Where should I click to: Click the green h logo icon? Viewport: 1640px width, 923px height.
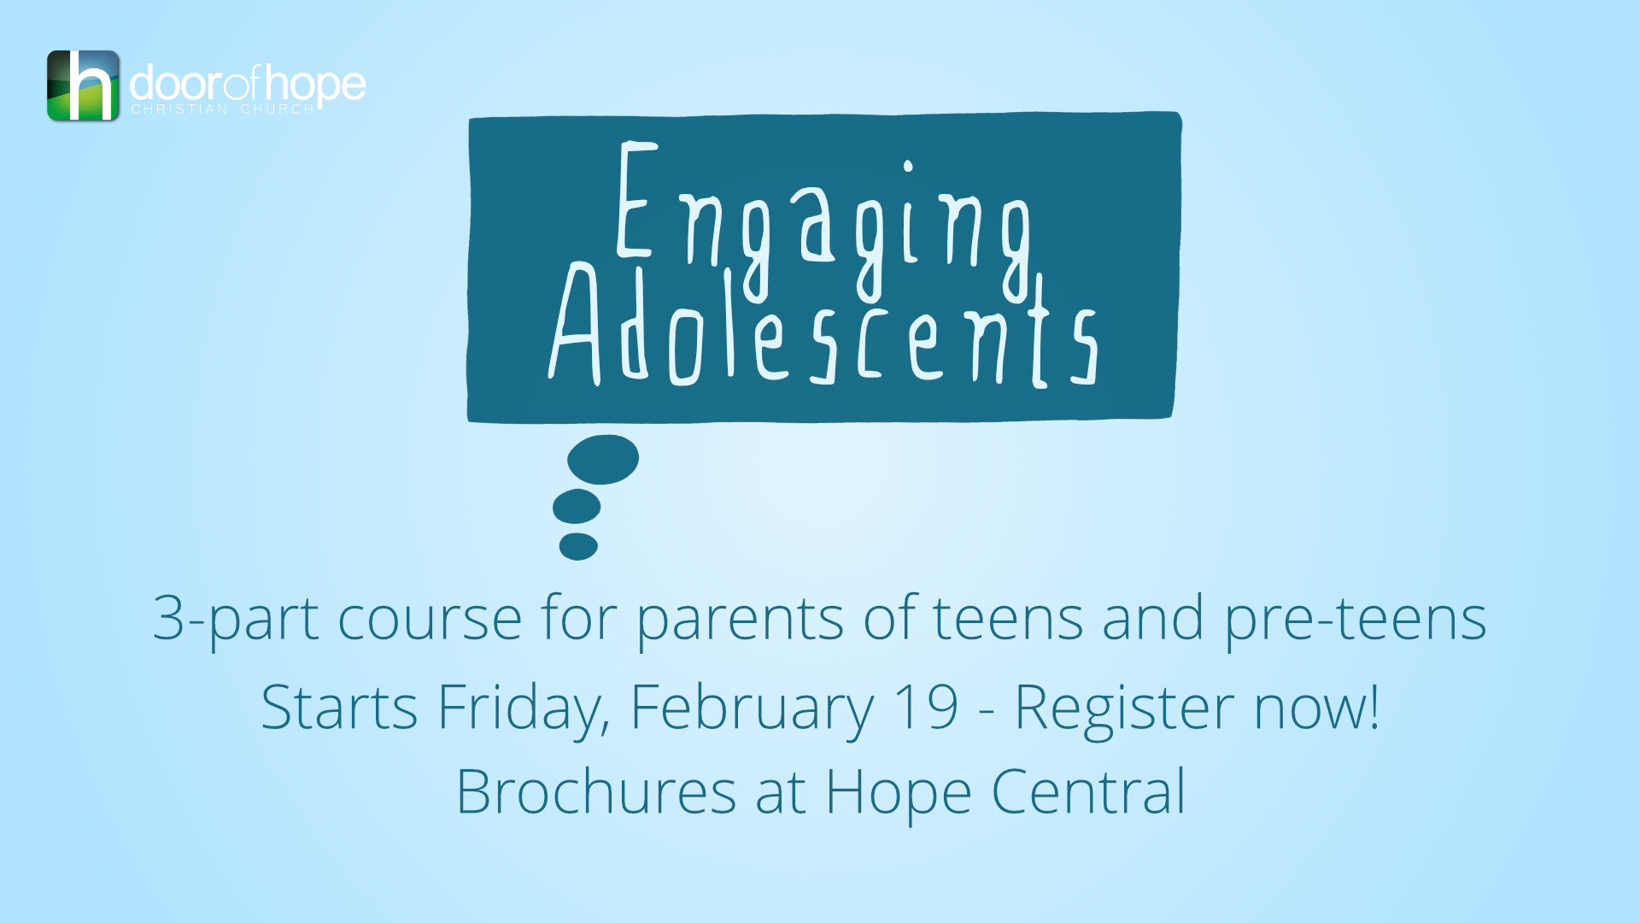click(x=83, y=85)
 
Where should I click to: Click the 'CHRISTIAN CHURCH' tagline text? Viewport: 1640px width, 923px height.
click(x=222, y=109)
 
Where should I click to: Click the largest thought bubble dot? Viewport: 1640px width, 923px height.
click(x=603, y=460)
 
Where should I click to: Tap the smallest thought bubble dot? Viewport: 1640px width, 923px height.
click(x=578, y=546)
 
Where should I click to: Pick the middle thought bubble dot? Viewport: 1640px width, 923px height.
click(x=577, y=507)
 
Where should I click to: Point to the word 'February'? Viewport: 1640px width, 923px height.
click(x=752, y=708)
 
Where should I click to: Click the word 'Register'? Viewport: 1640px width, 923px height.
click(x=1124, y=708)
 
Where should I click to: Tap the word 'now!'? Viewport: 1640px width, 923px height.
click(x=1316, y=708)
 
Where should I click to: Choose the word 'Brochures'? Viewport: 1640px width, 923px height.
click(x=595, y=792)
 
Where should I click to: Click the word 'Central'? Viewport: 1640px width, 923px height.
click(x=1088, y=792)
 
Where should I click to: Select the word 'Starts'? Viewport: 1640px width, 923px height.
click(x=339, y=708)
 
